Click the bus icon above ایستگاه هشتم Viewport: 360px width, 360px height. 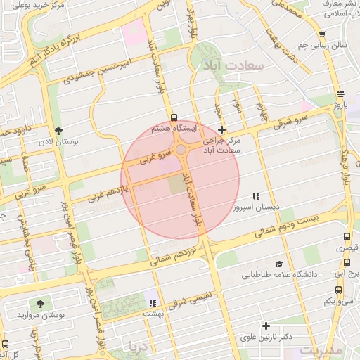pos(174,117)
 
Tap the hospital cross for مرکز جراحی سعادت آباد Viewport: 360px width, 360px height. pos(222,130)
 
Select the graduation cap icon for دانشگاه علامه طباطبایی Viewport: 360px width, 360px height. pos(280,263)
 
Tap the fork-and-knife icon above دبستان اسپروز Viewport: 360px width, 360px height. pos(256,196)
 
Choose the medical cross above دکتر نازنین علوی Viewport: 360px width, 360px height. pos(266,326)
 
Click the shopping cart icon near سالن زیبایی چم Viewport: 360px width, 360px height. pos(321,34)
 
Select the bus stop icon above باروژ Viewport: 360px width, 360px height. pos(340,94)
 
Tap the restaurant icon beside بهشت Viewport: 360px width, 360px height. pos(152,304)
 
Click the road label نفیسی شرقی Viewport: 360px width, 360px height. pos(199,295)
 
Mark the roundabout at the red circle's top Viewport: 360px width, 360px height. pos(181,149)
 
